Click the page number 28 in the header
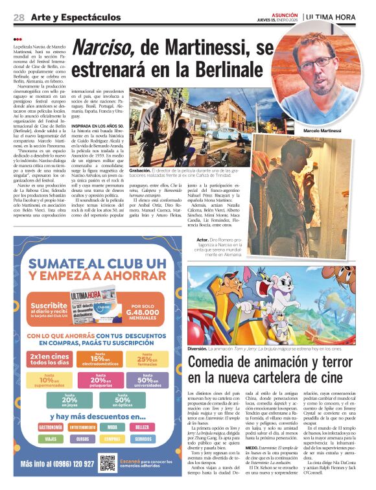(19, 17)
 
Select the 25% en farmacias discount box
(147, 358)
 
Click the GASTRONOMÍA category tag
(52, 427)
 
